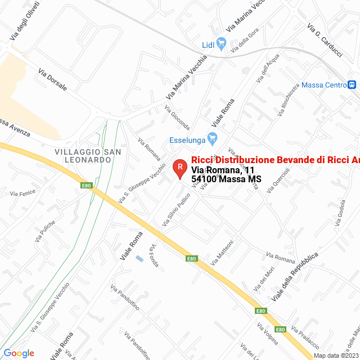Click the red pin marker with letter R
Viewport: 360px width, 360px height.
point(179,167)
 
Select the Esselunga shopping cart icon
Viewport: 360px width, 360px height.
point(213,138)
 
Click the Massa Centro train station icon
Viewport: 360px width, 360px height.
point(352,85)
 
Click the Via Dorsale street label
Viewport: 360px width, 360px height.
point(52,80)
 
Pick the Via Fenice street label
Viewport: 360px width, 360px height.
point(22,192)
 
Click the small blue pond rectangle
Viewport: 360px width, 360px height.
point(139,259)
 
